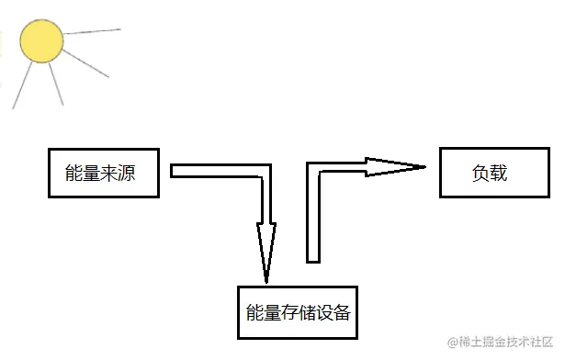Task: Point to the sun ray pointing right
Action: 92,32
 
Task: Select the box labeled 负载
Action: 490,172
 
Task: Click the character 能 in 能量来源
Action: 73,173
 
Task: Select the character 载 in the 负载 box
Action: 499,173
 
